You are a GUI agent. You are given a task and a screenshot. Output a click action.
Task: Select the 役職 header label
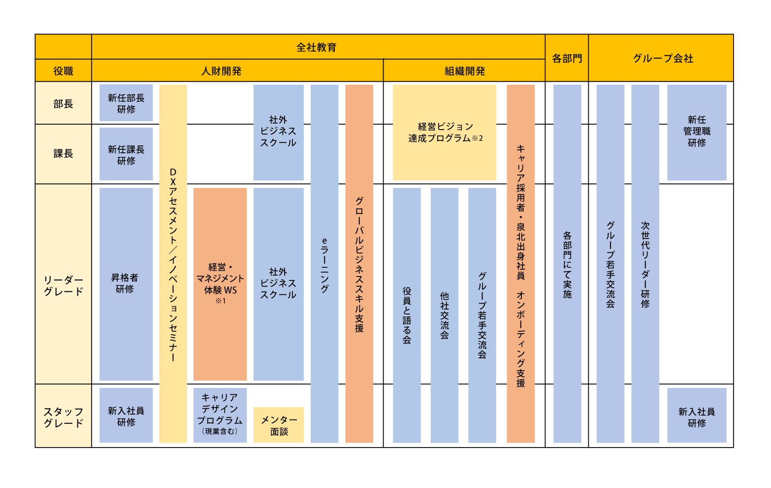tap(63, 71)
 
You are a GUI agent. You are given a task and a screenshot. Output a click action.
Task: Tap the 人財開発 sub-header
tap(222, 71)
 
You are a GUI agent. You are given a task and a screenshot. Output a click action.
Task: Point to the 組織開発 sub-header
tap(464, 71)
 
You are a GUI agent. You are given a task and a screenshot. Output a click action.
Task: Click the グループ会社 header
tap(663, 58)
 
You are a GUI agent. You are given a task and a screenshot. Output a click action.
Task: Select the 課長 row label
tap(63, 154)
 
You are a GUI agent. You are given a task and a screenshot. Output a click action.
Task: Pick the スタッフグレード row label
tap(63, 417)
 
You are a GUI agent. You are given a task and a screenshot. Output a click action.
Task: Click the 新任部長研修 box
tap(126, 103)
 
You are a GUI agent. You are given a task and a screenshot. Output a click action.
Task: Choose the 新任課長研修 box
tap(126, 154)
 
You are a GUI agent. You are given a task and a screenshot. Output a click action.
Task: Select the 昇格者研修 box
tap(126, 283)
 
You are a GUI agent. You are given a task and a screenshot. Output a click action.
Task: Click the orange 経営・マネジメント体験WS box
tap(220, 283)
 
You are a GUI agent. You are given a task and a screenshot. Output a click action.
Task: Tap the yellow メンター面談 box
tap(279, 425)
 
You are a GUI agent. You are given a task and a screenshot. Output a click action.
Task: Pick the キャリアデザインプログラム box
tap(220, 415)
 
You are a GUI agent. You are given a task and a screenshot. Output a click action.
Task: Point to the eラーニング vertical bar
tap(324, 264)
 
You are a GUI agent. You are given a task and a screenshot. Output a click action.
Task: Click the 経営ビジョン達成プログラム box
tap(445, 132)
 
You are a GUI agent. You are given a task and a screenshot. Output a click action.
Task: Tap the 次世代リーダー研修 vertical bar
tap(645, 264)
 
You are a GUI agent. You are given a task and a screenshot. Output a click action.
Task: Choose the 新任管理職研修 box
tap(697, 132)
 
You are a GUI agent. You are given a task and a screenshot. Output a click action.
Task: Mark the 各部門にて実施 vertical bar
tap(567, 264)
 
